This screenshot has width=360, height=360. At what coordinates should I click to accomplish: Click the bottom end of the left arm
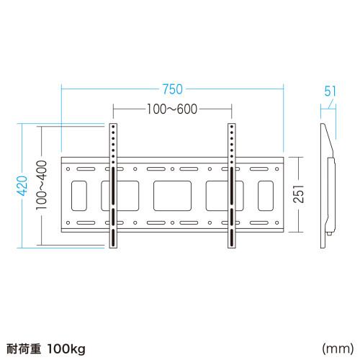[x=113, y=247]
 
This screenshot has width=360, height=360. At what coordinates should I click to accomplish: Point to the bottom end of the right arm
[x=232, y=247]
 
